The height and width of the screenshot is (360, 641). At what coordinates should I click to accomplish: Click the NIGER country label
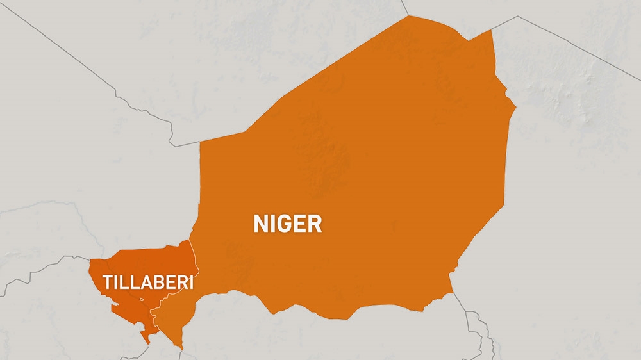[x=287, y=224]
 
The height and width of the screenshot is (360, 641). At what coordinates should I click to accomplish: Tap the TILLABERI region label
[x=149, y=282]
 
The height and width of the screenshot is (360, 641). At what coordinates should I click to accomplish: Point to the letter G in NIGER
[x=285, y=224]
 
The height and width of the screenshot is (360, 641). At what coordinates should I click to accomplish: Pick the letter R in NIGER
[x=314, y=224]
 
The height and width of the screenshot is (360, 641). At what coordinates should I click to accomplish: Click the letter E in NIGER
[x=300, y=224]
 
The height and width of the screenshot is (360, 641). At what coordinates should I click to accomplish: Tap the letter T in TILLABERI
[x=107, y=282]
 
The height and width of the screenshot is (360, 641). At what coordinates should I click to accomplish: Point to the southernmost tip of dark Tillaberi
[x=148, y=342]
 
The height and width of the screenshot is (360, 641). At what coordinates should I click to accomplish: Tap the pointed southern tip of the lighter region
[x=181, y=348]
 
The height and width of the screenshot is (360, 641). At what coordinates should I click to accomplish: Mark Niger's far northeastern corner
[x=492, y=30]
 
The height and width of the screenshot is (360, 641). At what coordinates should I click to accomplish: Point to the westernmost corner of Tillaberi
[x=90, y=260]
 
